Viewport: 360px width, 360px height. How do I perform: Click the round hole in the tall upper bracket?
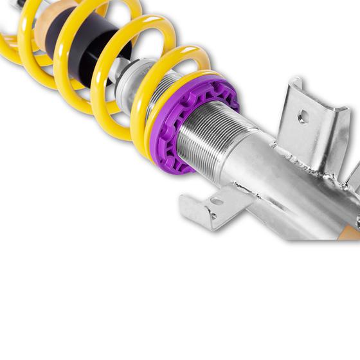click(303, 117)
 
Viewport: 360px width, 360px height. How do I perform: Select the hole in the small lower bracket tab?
click(216, 202)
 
